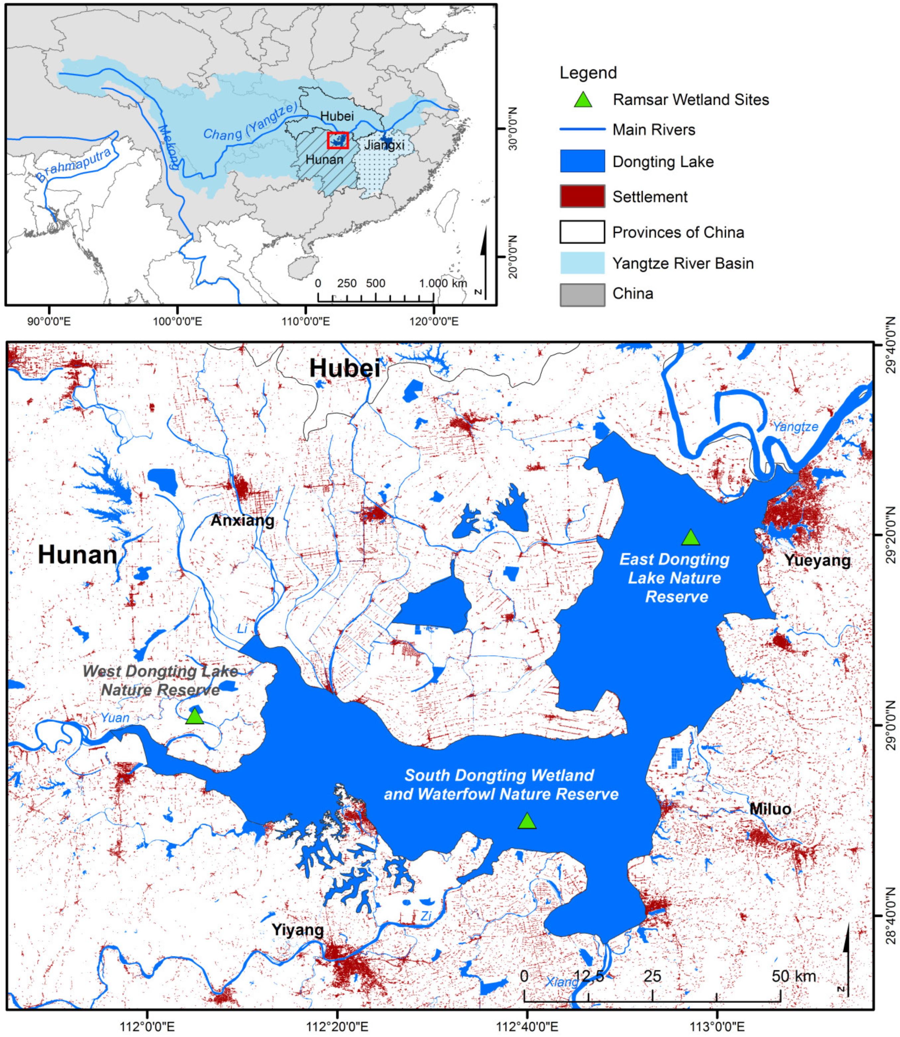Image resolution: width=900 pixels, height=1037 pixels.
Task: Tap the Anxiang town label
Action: pyautogui.click(x=242, y=520)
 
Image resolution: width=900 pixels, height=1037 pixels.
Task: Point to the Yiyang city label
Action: pyautogui.click(x=297, y=930)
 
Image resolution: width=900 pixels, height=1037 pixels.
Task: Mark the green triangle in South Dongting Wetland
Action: pyautogui.click(x=527, y=821)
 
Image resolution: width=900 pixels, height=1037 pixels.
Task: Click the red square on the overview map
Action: pyautogui.click(x=337, y=140)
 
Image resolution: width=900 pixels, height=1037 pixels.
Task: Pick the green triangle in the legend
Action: pyautogui.click(x=583, y=100)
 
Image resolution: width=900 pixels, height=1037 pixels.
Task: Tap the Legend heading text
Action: pyautogui.click(x=588, y=73)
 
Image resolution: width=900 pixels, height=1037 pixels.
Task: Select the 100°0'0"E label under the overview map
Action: pyautogui.click(x=177, y=321)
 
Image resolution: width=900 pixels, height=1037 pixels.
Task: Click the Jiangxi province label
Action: pyautogui.click(x=384, y=145)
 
